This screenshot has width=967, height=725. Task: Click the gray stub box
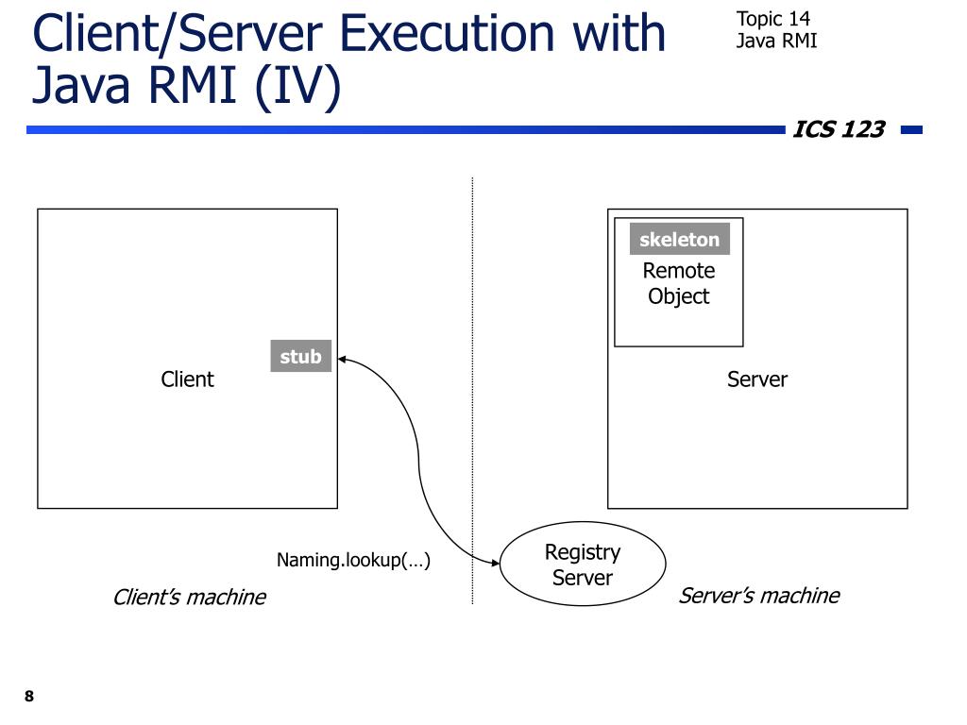[300, 356]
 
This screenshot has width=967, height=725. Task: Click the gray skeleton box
[679, 239]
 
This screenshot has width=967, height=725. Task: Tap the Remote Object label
[678, 283]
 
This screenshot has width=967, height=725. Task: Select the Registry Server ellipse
[582, 565]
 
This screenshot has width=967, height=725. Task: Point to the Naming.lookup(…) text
[353, 561]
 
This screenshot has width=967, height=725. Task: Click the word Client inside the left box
[187, 379]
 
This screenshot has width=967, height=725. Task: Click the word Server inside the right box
[756, 379]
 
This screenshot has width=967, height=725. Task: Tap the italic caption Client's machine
[189, 598]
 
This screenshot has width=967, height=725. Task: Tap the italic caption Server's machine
[758, 596]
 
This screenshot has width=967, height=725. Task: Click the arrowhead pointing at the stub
[343, 359]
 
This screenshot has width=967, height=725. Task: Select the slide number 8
[29, 697]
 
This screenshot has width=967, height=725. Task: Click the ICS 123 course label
[839, 129]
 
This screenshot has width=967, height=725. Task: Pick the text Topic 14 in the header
[772, 19]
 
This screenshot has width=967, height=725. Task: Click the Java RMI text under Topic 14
[776, 41]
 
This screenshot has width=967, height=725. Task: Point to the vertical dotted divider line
[472, 396]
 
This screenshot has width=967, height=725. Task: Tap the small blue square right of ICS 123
[911, 130]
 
